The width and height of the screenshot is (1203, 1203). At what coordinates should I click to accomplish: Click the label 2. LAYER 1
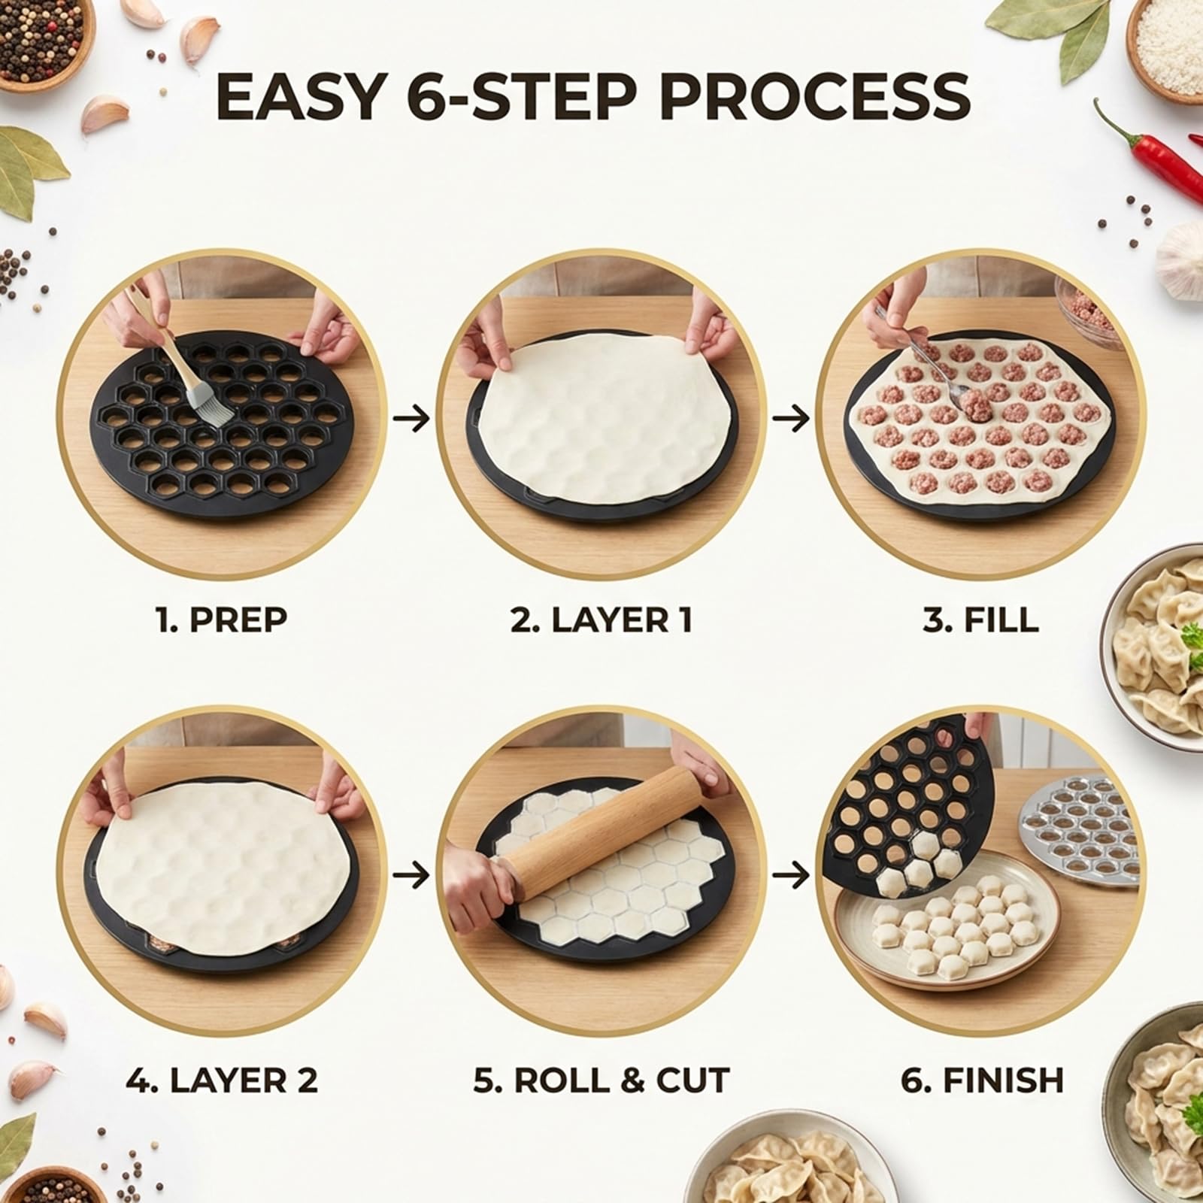(x=601, y=620)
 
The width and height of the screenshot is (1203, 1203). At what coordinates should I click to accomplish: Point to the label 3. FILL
(x=980, y=620)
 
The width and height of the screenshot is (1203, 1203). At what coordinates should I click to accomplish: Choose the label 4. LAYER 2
(x=223, y=1080)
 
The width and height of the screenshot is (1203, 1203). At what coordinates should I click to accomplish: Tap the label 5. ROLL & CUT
(x=601, y=1080)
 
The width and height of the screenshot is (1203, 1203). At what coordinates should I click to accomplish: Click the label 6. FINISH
(x=982, y=1080)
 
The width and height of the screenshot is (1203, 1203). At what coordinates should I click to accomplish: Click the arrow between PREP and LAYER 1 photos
(x=412, y=418)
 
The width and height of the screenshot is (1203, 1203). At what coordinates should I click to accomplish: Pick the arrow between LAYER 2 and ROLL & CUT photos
(x=412, y=874)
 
